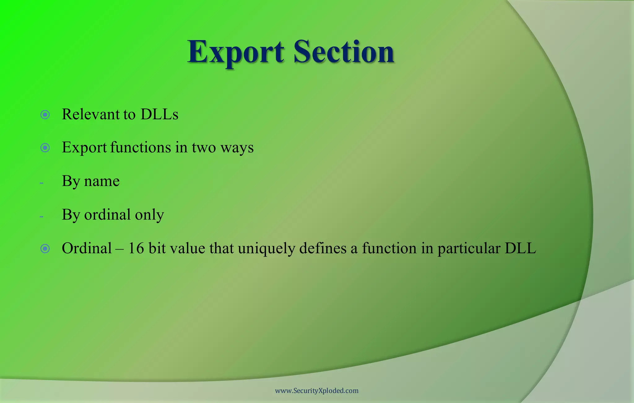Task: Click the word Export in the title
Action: click(235, 52)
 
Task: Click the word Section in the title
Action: click(344, 52)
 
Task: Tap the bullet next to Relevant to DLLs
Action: click(45, 115)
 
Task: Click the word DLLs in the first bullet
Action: click(159, 114)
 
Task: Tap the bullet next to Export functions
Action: click(45, 148)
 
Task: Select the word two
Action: click(204, 148)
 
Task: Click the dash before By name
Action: click(41, 183)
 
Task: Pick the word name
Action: click(102, 181)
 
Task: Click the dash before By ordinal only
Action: click(41, 216)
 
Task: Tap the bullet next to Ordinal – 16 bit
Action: click(45, 249)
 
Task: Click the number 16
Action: click(136, 248)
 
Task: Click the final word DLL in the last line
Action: click(520, 248)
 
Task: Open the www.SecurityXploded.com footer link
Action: click(317, 391)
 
